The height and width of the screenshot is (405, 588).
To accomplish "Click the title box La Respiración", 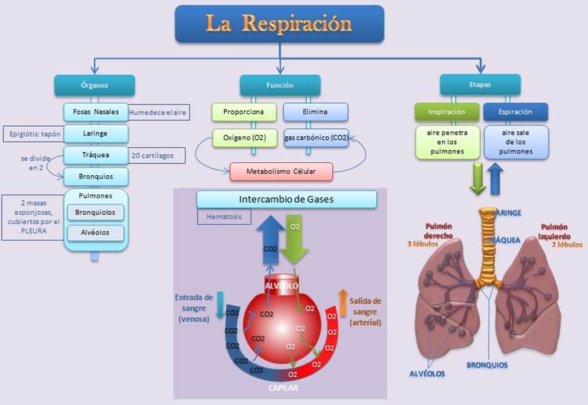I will [x=280, y=24].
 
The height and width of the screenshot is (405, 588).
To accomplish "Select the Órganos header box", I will [x=94, y=85].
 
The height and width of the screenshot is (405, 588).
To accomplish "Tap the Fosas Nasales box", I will [x=96, y=112].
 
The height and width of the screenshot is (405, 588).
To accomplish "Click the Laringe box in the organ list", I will [x=96, y=133].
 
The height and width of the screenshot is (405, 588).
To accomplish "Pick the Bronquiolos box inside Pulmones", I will [x=96, y=213].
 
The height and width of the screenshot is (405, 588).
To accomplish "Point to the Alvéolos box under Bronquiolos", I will [x=96, y=233].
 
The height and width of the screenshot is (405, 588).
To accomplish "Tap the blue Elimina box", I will [x=316, y=112].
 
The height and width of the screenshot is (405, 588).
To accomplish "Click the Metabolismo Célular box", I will [x=282, y=172].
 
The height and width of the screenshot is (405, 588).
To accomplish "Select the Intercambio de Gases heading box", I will [x=286, y=199].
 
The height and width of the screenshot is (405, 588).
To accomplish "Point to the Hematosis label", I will [x=223, y=216].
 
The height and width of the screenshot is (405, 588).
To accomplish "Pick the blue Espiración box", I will [x=515, y=112].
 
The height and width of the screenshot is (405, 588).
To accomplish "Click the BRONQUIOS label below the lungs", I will [x=487, y=365].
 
